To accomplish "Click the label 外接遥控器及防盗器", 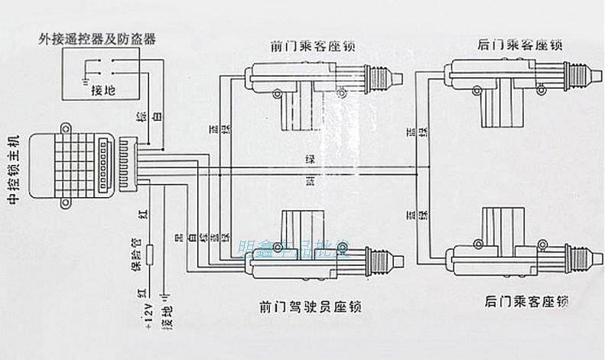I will pos(96,38).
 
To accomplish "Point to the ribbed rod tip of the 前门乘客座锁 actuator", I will pos(387,77).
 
